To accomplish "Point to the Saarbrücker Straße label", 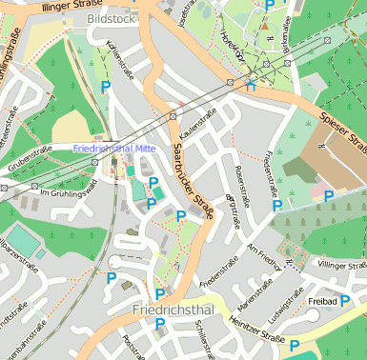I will pyautogui.click(x=191, y=181).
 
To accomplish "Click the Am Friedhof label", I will pyautogui.click(x=265, y=252).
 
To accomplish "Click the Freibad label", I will pyautogui.click(x=322, y=301).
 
